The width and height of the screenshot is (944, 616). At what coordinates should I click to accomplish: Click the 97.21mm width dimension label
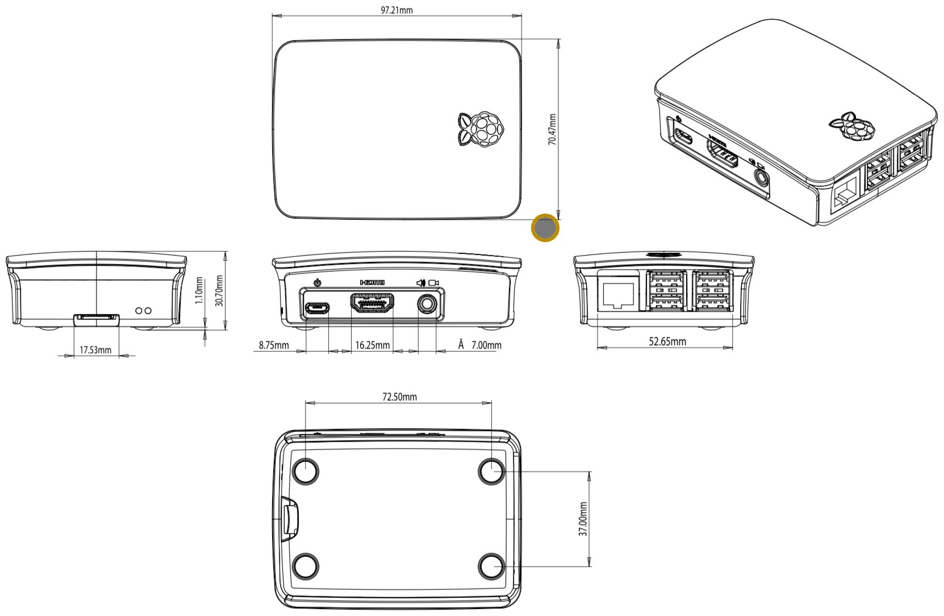coord(396,10)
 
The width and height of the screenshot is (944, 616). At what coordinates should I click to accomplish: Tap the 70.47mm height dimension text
coord(552,130)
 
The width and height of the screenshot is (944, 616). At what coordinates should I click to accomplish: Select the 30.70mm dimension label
coord(219,290)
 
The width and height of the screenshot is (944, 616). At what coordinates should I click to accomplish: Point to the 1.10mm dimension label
coord(199,290)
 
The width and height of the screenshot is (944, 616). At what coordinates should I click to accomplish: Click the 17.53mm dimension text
coord(95,350)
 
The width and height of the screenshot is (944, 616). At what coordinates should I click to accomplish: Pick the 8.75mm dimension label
coord(274,345)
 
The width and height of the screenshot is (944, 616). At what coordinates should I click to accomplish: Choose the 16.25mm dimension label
coord(373,345)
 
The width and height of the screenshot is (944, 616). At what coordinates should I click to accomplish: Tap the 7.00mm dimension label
coord(486,345)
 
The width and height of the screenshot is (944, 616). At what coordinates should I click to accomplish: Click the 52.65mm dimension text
coord(667,342)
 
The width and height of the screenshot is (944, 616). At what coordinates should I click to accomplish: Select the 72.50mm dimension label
coord(399,397)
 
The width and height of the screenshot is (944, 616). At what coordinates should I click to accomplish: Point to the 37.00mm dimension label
coord(583,519)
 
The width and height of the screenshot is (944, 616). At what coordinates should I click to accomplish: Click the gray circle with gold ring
coord(545,228)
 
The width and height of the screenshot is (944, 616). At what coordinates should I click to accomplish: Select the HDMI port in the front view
coord(373,305)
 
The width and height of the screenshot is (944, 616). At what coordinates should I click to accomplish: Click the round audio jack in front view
coord(427,305)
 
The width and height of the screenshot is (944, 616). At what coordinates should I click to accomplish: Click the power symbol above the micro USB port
coord(318,282)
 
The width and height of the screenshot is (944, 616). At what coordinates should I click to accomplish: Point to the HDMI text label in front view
coord(373,282)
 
